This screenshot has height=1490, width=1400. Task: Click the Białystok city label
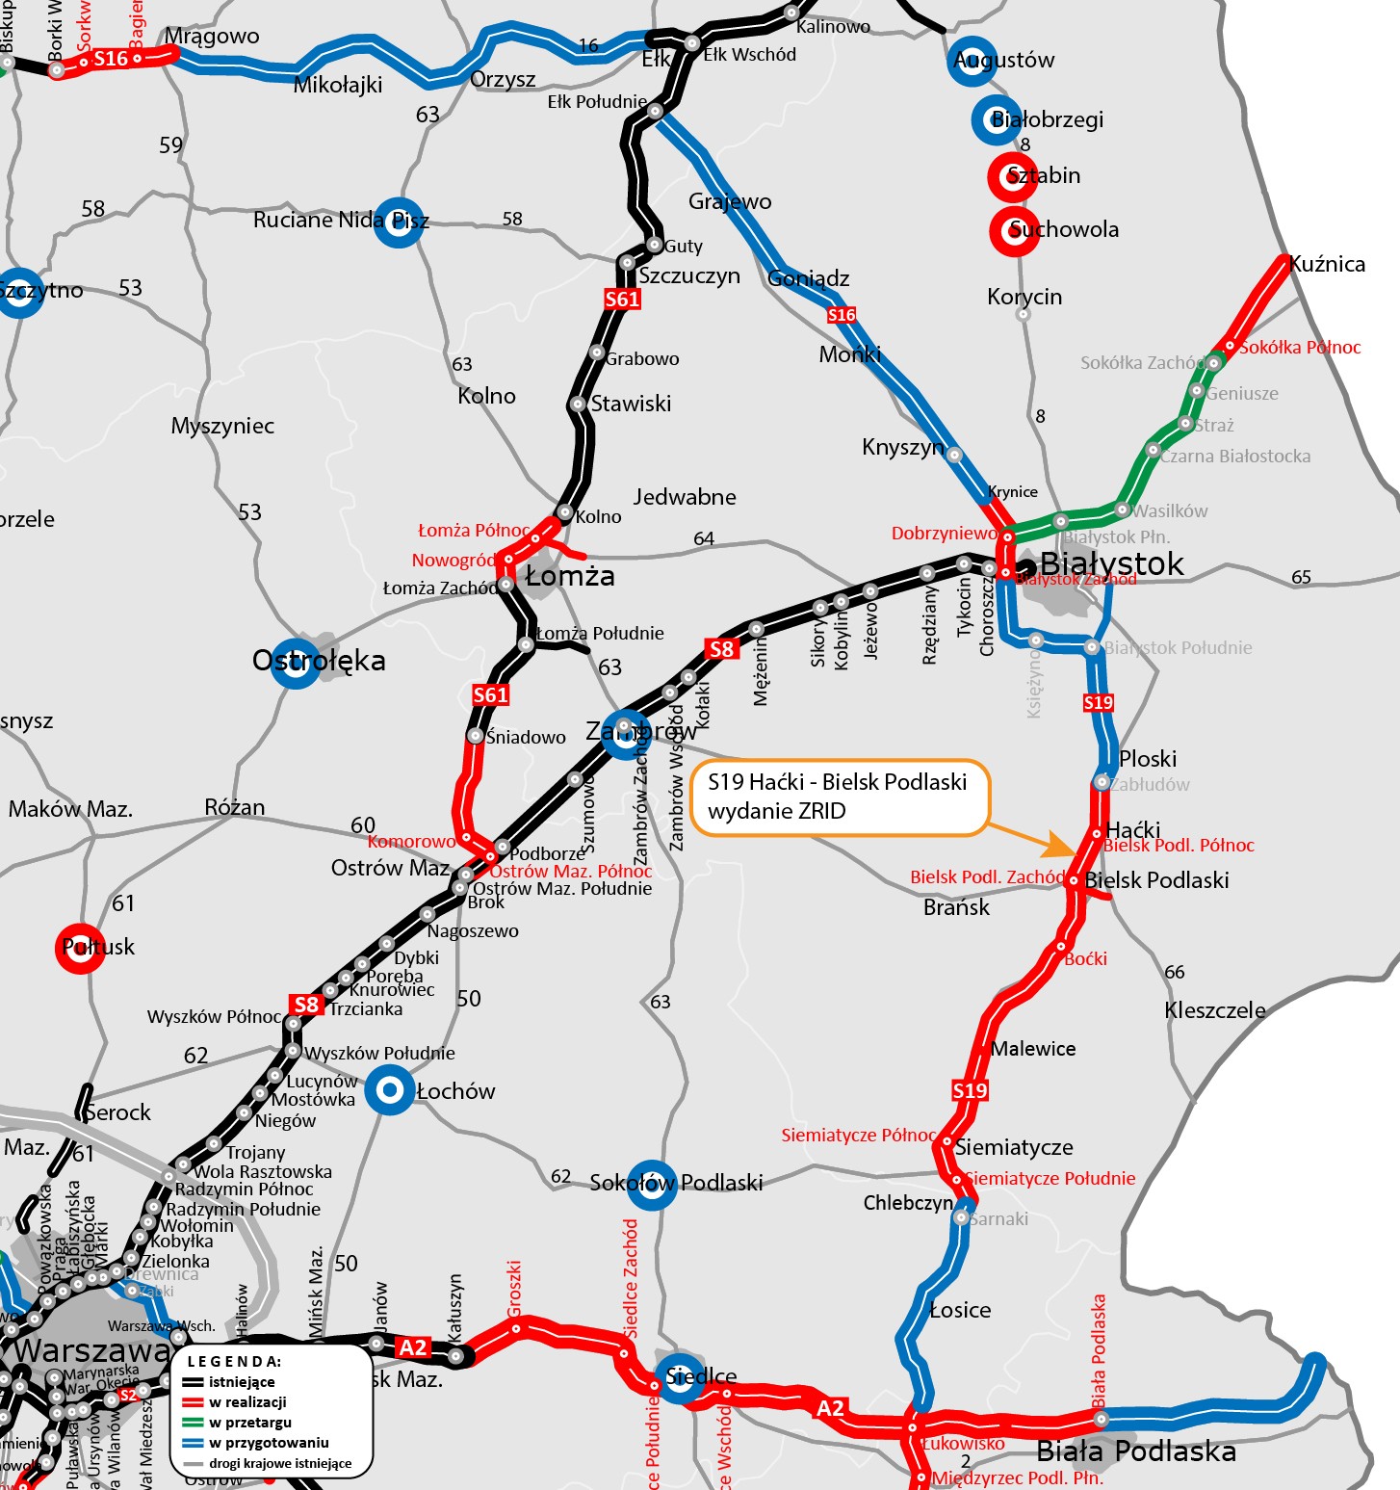tap(1112, 563)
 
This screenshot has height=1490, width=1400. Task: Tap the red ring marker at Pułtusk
tap(80, 948)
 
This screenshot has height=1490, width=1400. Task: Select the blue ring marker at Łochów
tap(389, 1090)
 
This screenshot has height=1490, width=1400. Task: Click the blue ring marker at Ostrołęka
tap(295, 663)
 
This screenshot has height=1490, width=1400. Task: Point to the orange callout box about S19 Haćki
tap(840, 797)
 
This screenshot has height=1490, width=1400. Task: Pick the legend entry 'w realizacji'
tap(247, 1402)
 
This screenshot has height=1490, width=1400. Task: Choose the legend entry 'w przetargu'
tap(249, 1423)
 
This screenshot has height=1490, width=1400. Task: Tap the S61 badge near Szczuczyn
tap(622, 299)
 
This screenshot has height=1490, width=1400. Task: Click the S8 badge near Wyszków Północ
tap(306, 1005)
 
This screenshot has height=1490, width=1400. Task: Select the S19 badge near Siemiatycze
tap(970, 1090)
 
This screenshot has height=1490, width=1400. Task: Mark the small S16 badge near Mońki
tap(842, 315)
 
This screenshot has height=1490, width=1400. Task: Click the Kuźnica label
tap(1327, 265)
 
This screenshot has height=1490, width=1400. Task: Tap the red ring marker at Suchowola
tap(1014, 231)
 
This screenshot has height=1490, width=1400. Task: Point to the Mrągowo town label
tap(212, 37)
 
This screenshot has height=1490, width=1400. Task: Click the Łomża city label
tap(570, 577)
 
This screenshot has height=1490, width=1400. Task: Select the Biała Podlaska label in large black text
tap(1136, 1451)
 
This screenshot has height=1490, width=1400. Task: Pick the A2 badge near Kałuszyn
tap(413, 1347)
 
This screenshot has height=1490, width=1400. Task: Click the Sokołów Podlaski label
tap(676, 1183)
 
